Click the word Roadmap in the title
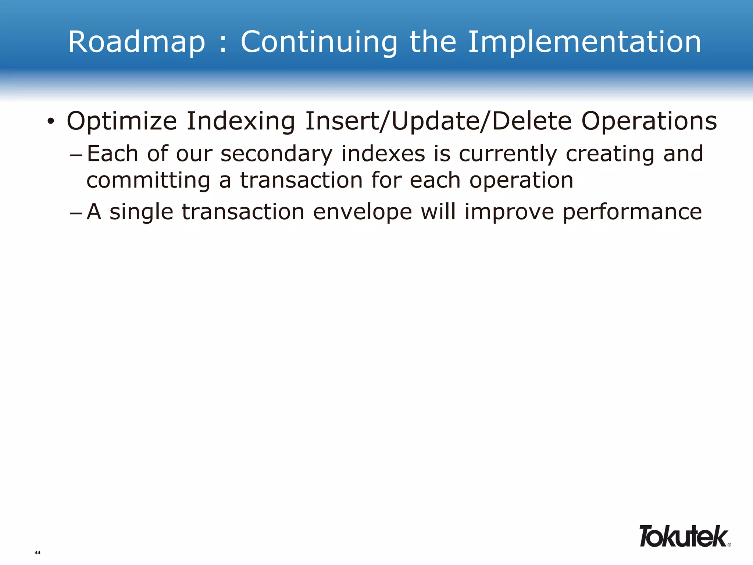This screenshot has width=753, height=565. [136, 43]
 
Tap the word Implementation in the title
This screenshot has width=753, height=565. [585, 43]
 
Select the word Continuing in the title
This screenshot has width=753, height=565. [319, 43]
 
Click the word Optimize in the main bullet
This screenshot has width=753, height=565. [122, 121]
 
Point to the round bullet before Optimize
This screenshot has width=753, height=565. [51, 121]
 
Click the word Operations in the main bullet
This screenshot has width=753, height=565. [649, 121]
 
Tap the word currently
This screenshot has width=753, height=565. [508, 154]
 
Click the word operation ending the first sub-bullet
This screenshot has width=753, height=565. [521, 181]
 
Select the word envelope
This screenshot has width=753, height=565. [363, 213]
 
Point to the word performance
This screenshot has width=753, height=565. [632, 213]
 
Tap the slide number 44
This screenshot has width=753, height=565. [38, 552]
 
